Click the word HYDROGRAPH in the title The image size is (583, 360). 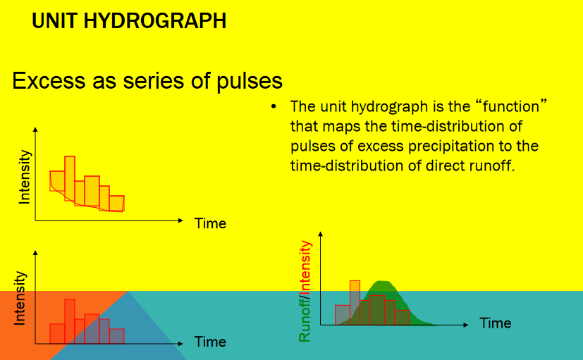[154, 21]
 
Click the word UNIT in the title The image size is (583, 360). [55, 21]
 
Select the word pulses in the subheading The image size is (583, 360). [250, 81]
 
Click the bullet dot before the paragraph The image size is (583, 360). [274, 107]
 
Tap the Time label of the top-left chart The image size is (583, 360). [210, 223]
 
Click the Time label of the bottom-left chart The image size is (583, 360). [210, 342]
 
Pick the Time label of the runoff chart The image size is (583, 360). [496, 323]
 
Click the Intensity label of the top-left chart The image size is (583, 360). [25, 177]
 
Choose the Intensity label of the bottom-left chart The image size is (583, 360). [20, 298]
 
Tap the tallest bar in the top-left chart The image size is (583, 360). [70, 178]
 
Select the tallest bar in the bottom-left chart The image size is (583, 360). [70, 321]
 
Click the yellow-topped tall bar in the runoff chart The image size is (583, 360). [355, 303]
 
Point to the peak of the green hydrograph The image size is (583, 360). [382, 282]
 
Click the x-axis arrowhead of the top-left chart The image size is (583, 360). [180, 221]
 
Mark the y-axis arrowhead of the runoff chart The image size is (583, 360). [321, 235]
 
